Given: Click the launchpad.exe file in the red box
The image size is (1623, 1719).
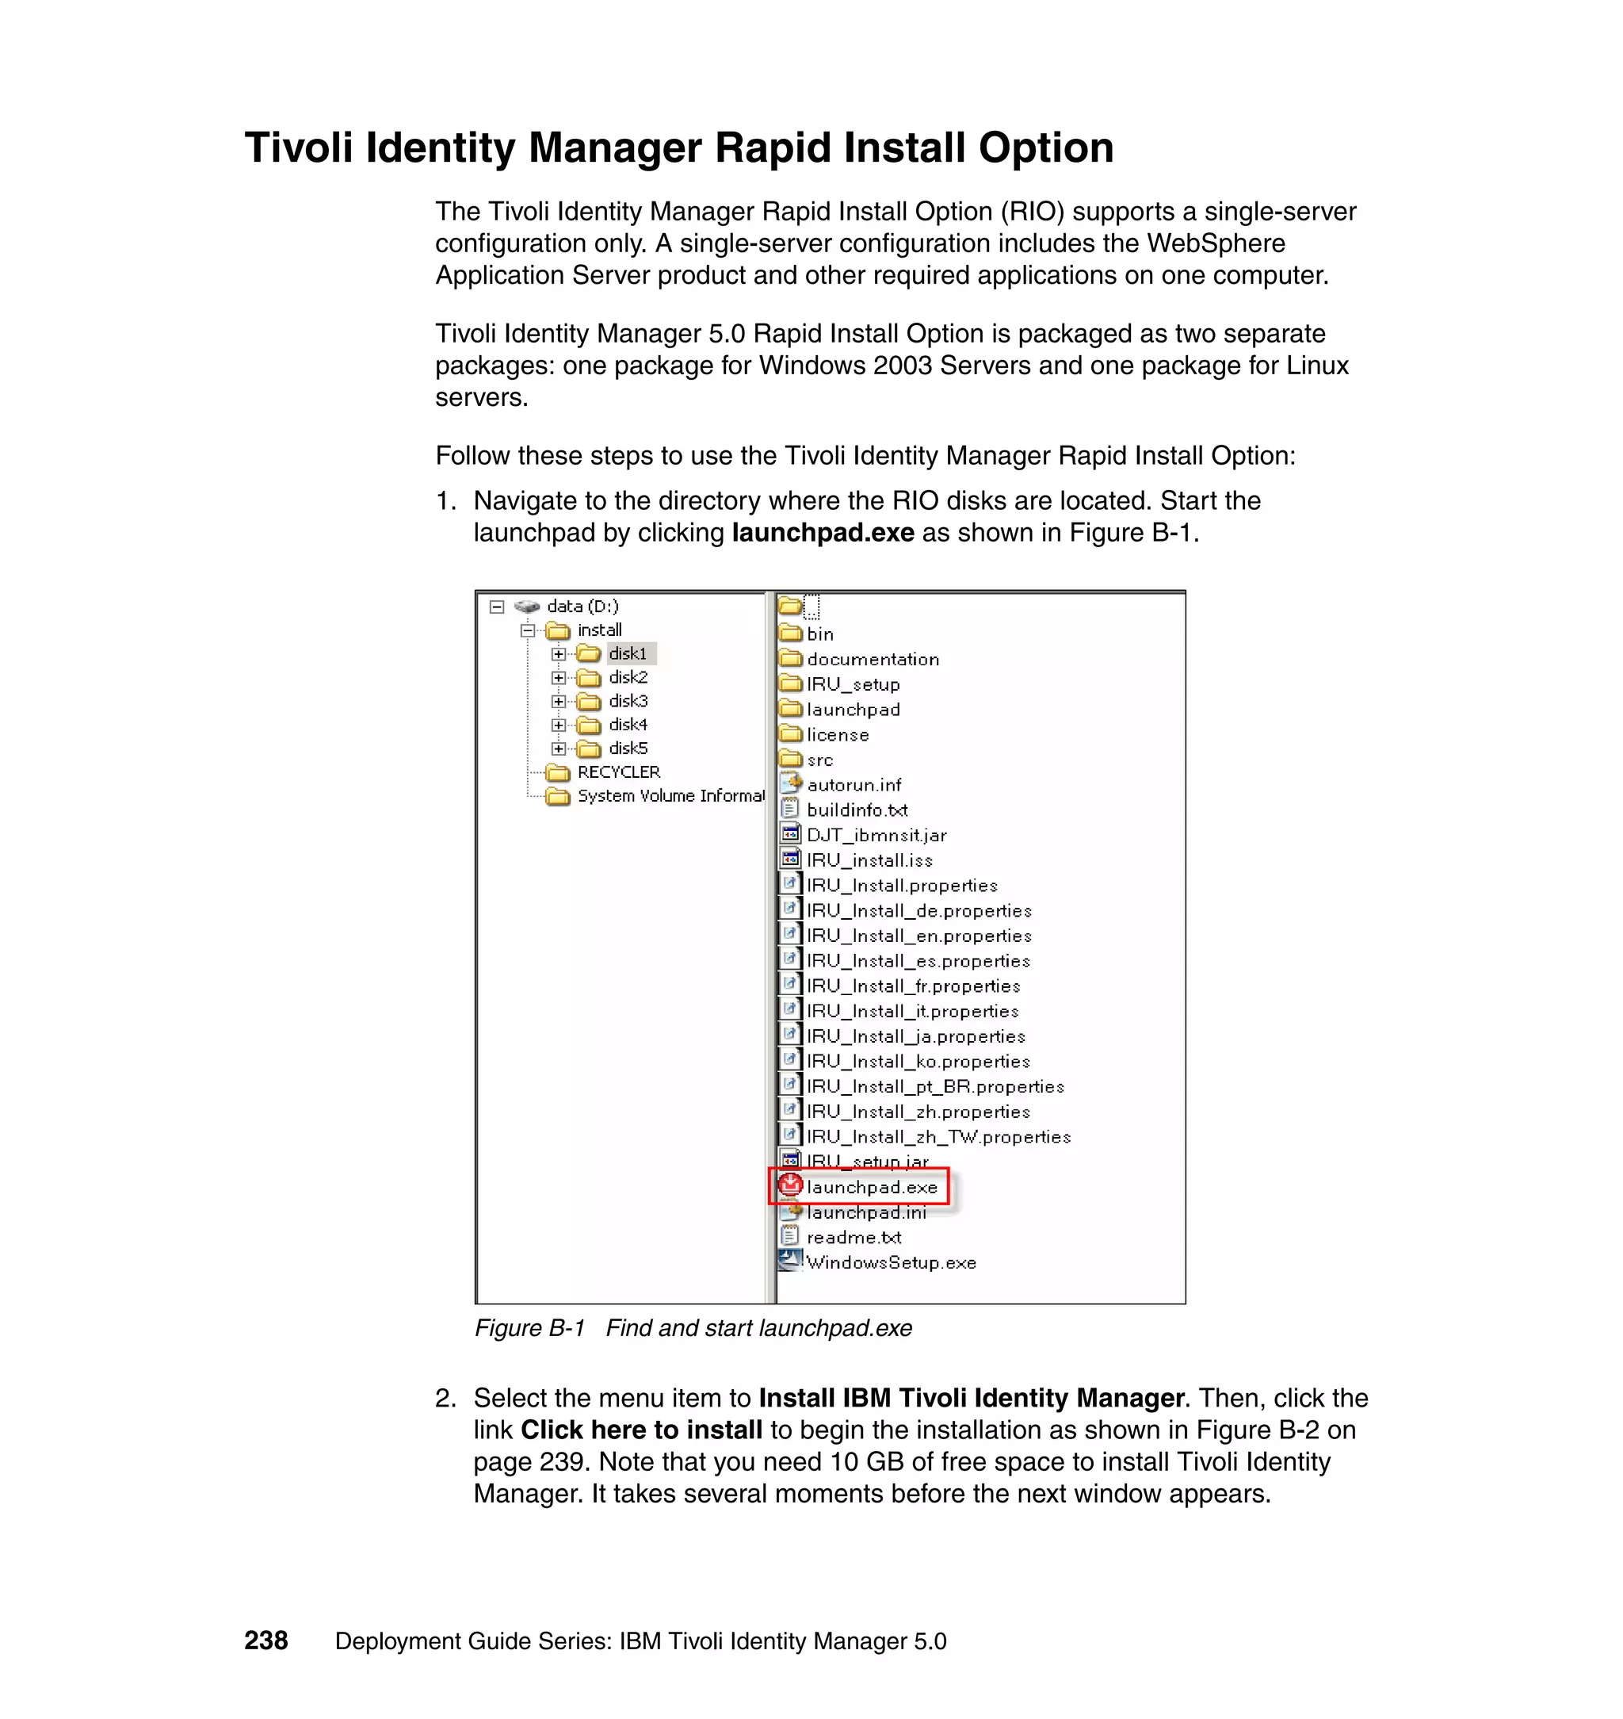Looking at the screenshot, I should [x=870, y=1187].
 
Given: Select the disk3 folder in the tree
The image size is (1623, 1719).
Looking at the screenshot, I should [x=627, y=700].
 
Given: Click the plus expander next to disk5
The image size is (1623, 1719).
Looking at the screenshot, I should [x=559, y=748].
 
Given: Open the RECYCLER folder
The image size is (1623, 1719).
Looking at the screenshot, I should [x=617, y=772].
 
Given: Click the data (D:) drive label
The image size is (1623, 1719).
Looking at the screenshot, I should [x=582, y=606].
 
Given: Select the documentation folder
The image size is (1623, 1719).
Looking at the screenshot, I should [x=872, y=659].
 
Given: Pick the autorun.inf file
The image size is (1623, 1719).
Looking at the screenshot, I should [x=853, y=784].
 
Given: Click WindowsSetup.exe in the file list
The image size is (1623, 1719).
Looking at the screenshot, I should [x=890, y=1262].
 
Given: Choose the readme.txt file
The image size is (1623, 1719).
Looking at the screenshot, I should [x=853, y=1237].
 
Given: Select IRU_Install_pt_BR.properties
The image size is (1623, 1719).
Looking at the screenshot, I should [x=934, y=1086].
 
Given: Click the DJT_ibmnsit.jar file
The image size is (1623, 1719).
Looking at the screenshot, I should [x=876, y=834].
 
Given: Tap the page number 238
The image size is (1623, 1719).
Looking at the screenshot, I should [x=265, y=1641].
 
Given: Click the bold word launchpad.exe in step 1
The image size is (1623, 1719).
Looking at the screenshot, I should [x=822, y=532].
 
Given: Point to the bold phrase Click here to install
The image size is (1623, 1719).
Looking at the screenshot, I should [x=641, y=1429].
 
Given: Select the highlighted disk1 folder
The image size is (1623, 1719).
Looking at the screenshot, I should [x=627, y=653].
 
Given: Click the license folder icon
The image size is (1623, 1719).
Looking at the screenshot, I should [x=790, y=734].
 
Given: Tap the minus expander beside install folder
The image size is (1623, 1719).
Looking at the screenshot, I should [x=528, y=630].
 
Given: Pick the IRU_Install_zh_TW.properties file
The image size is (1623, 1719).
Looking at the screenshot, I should [x=938, y=1136].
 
